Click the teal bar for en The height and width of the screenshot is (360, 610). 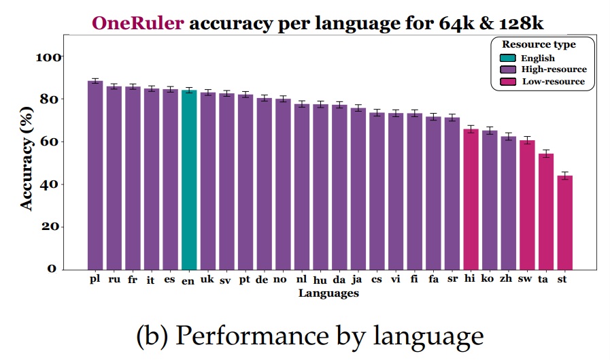tap(189, 180)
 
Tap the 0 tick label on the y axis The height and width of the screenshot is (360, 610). tap(52, 269)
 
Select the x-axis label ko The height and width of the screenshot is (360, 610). tap(488, 279)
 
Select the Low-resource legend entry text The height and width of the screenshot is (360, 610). tap(553, 81)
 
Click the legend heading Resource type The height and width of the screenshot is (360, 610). tap(543, 45)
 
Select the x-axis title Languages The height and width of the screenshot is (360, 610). tap(328, 293)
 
